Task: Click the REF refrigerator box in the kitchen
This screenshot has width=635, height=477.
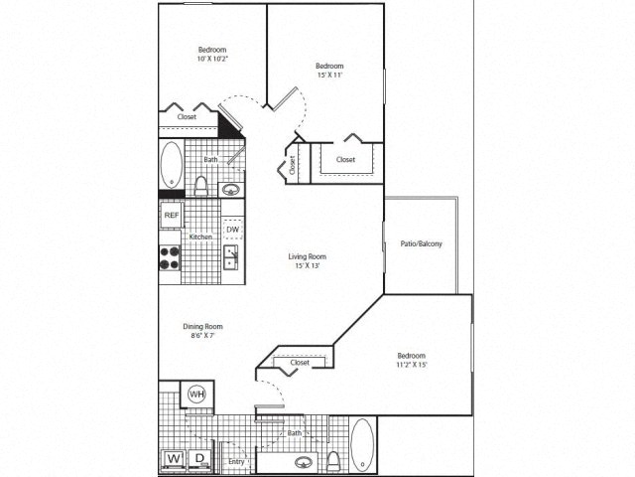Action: (x=172, y=215)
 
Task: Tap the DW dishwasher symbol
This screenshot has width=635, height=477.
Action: (x=231, y=231)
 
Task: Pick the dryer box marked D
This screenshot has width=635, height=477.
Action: (x=198, y=459)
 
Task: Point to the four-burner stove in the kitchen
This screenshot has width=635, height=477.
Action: (x=171, y=258)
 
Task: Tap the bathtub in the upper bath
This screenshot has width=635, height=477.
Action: (x=172, y=165)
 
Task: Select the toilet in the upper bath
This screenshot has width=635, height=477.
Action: (x=200, y=185)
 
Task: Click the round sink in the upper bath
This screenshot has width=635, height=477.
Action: (x=231, y=189)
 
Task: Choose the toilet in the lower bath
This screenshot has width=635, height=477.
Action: (x=335, y=459)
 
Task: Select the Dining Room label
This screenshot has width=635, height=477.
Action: (x=201, y=326)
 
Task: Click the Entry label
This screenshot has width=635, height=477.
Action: (x=236, y=462)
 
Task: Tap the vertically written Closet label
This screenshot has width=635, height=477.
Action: (x=293, y=165)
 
